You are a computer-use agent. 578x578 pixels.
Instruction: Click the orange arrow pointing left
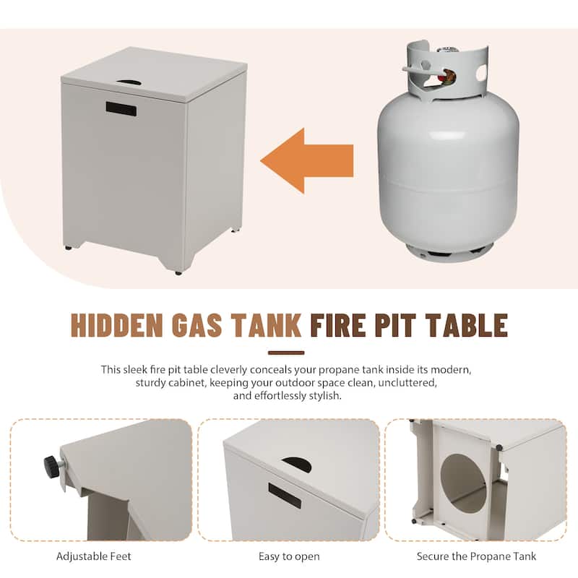click(306, 160)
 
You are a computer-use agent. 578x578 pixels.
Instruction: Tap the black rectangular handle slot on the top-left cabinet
click(121, 109)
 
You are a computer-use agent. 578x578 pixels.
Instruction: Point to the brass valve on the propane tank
click(447, 77)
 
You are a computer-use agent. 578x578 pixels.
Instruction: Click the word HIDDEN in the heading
click(116, 325)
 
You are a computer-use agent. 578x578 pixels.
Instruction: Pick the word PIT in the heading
click(395, 325)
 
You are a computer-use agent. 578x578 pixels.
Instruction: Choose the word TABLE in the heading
click(467, 325)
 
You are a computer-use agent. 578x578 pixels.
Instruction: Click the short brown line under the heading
click(286, 353)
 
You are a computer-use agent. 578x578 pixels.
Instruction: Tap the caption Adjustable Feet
click(94, 556)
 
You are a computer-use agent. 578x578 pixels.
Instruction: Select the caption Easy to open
click(289, 556)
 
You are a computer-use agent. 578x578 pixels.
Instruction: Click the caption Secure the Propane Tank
click(476, 556)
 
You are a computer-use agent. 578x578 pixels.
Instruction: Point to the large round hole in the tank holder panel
click(464, 483)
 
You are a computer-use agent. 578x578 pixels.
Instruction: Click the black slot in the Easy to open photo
click(285, 496)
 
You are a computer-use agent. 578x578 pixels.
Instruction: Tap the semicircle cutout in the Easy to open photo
click(297, 465)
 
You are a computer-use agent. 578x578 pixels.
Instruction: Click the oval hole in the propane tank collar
click(481, 73)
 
